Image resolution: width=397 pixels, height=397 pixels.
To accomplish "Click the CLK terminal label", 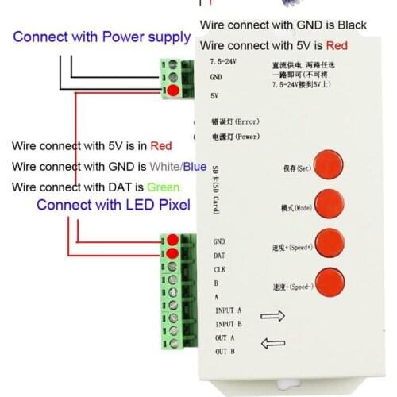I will click(220, 269).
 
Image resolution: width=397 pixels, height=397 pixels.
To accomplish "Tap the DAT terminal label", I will click(220, 255).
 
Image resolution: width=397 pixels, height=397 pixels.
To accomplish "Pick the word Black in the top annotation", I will click(349, 25).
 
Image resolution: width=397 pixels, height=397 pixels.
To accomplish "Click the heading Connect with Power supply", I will click(102, 37).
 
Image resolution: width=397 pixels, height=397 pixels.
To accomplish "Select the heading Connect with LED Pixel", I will click(114, 205).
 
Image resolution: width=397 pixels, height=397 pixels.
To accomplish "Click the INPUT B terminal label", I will click(229, 324).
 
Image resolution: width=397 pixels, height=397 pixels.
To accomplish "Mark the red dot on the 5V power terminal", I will click(172, 91).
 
